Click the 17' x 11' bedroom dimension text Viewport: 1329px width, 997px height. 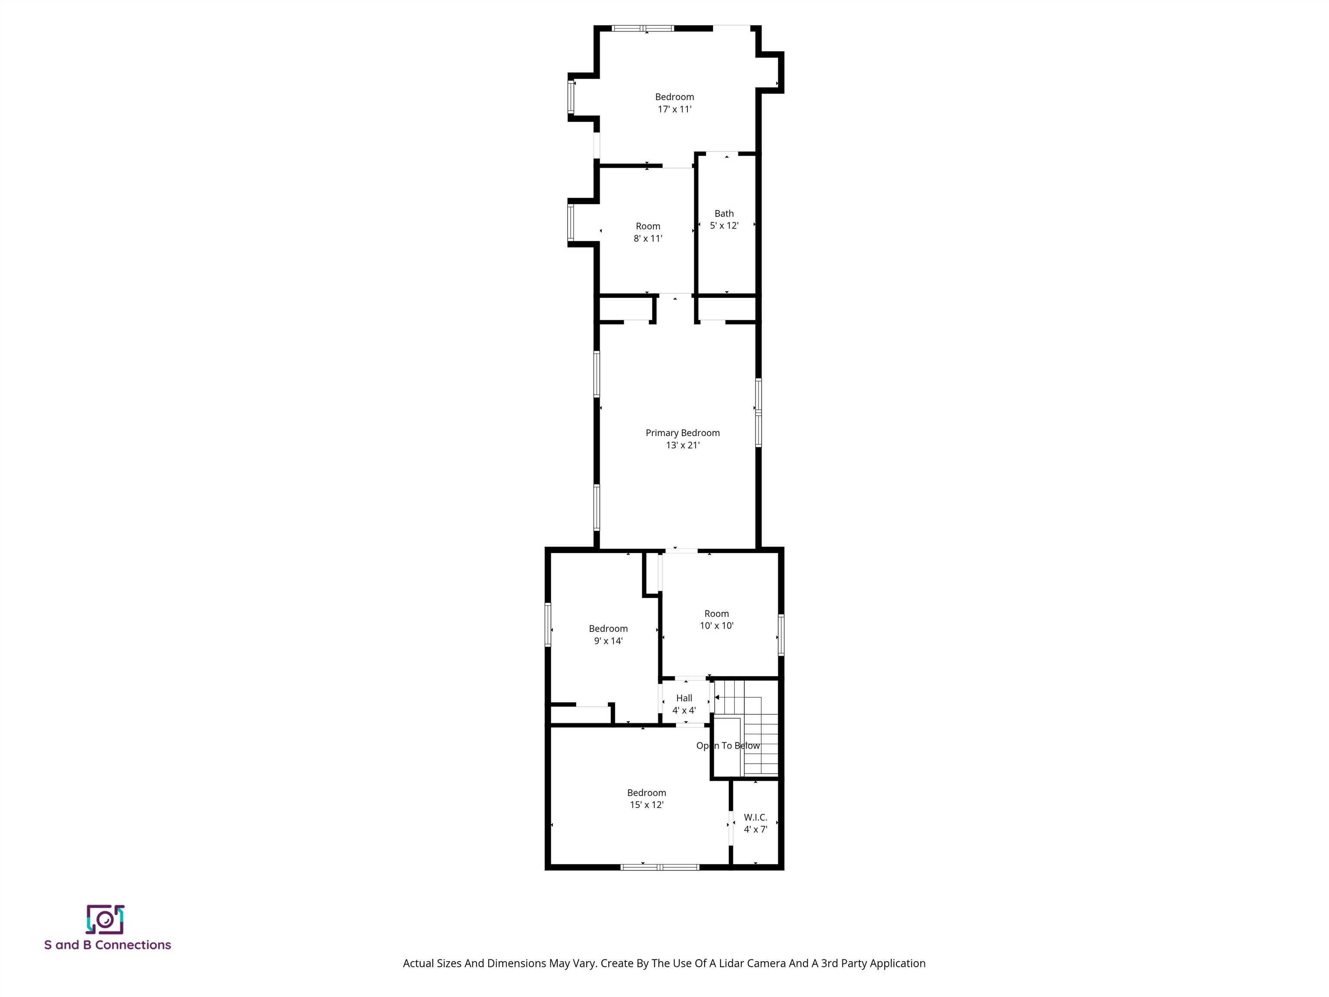click(x=674, y=109)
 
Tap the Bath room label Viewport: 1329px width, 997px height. click(x=724, y=213)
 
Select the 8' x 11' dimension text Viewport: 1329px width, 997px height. click(x=648, y=238)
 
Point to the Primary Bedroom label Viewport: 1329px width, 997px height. click(x=683, y=433)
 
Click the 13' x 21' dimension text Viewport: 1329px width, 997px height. click(x=683, y=445)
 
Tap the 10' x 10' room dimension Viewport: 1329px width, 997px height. click(x=716, y=626)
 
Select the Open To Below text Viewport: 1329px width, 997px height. click(x=728, y=746)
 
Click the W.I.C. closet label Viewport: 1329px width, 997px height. click(x=755, y=817)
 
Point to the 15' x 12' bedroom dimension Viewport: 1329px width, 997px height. click(x=646, y=805)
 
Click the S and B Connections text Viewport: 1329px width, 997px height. click(x=108, y=946)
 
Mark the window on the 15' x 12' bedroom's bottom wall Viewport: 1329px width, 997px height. click(x=660, y=867)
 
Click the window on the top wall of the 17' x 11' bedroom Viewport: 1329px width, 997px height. click(x=642, y=28)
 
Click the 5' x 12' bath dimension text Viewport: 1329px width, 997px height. click(x=724, y=226)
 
